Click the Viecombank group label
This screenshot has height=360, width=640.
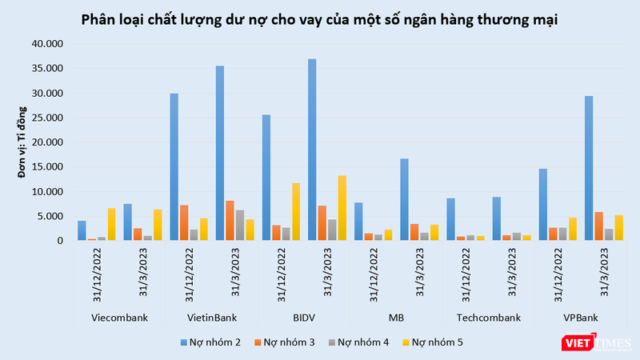pyautogui.click(x=118, y=318)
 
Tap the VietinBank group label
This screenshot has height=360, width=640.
pyautogui.click(x=211, y=318)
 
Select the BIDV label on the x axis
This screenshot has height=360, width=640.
pyautogui.click(x=303, y=318)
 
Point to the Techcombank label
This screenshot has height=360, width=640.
pyautogui.click(x=488, y=318)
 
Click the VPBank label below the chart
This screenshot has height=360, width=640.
pyautogui.click(x=581, y=318)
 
